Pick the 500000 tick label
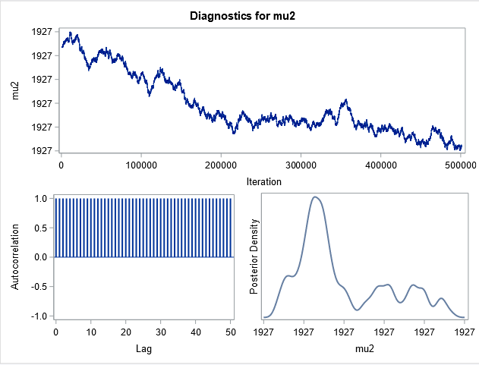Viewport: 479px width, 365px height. (461, 165)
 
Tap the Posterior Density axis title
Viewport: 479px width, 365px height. (255, 257)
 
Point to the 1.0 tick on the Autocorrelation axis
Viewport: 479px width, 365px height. (43, 199)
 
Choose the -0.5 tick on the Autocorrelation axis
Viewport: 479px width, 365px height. (41, 286)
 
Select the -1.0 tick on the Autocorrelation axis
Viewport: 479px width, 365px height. (41, 316)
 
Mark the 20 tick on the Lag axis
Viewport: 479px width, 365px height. (126, 332)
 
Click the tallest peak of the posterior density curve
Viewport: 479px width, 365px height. (316, 197)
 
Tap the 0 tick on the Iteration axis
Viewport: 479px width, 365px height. (61, 165)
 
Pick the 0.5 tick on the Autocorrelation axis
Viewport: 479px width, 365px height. (43, 228)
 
